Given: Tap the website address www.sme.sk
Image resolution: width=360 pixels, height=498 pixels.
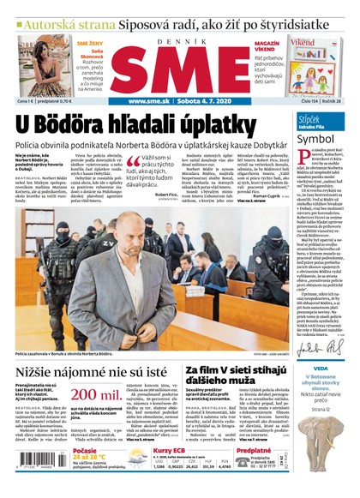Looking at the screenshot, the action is [x=128, y=103].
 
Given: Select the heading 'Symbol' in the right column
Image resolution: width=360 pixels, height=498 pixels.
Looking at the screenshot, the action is [x=315, y=137].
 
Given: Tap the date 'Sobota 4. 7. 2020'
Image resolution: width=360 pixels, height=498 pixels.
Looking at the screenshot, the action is [x=198, y=103].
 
